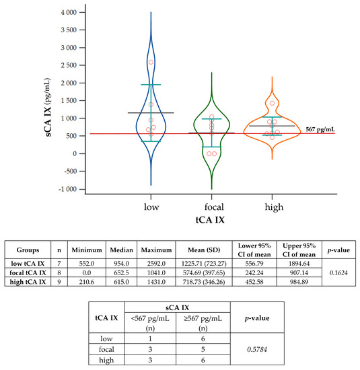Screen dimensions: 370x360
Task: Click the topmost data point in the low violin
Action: coord(151,62)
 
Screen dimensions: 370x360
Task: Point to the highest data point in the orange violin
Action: coord(273,103)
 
